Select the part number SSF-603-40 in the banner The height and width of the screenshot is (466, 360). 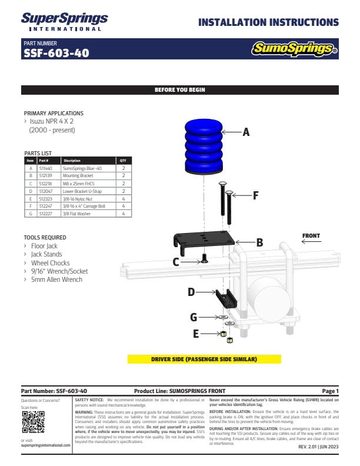click(56, 53)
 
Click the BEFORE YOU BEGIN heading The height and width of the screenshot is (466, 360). click(179, 90)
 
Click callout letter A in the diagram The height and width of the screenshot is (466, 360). click(246, 133)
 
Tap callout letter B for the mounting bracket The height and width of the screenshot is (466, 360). click(259, 242)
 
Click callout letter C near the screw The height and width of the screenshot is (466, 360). click(175, 262)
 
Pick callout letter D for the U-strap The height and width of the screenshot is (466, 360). click(191, 292)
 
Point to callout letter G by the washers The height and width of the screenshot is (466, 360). click(193, 318)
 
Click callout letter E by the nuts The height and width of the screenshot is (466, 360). click(195, 333)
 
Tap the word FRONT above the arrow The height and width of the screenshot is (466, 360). click(311, 236)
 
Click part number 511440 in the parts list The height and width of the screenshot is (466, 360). click(45, 168)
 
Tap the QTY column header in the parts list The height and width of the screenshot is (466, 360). click(123, 160)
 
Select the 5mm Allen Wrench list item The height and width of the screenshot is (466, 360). click(56, 279)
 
